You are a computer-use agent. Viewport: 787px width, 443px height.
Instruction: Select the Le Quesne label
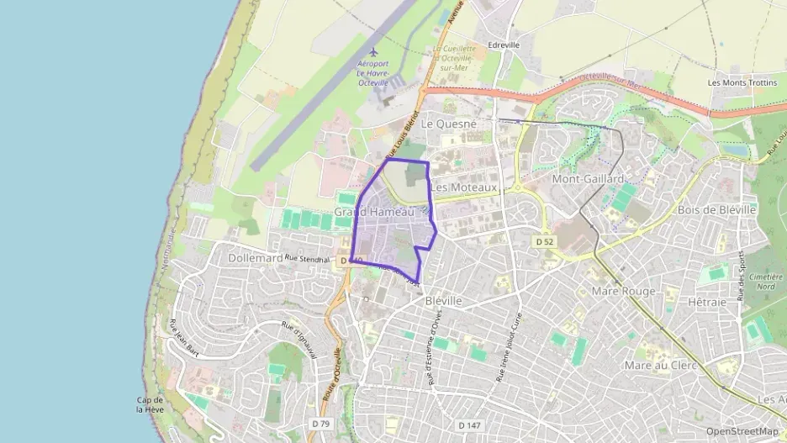(448, 124)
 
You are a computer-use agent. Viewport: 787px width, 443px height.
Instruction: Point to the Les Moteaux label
(464, 187)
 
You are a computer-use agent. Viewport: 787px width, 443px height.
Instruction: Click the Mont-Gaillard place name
(588, 179)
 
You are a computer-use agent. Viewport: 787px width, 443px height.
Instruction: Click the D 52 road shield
(546, 241)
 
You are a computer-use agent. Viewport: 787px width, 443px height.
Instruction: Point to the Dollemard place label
(255, 258)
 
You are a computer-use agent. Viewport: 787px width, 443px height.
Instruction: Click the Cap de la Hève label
(150, 404)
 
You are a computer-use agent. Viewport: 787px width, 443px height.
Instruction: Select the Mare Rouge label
(623, 291)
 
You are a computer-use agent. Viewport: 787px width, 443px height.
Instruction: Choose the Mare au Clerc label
(660, 366)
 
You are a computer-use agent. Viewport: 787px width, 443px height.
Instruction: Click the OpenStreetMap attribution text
(742, 431)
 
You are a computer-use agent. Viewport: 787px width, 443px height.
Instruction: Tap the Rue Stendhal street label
(305, 257)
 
